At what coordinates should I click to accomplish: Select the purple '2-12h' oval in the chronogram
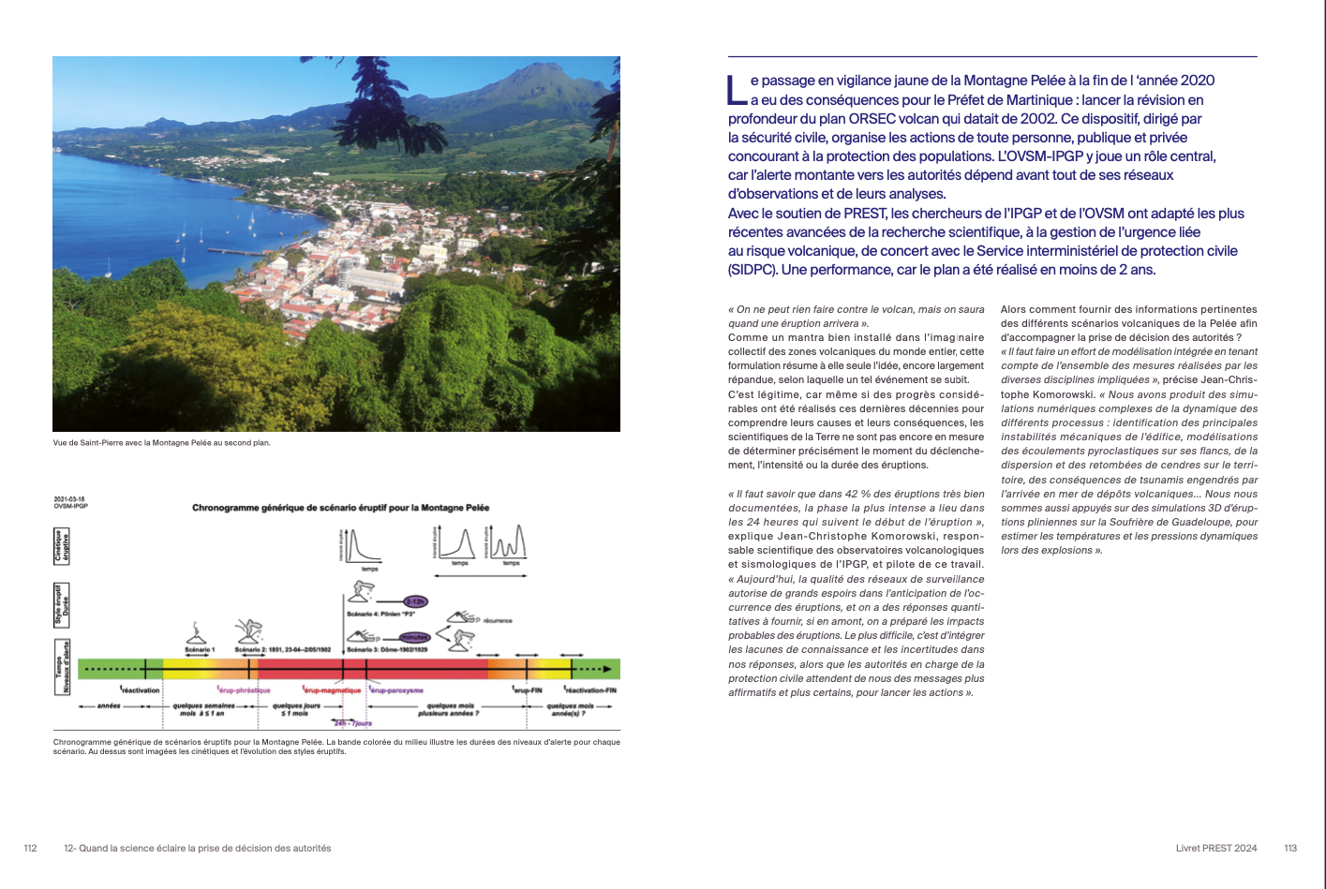coord(415,600)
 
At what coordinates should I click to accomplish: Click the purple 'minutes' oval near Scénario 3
coord(414,638)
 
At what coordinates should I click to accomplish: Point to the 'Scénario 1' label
coord(199,649)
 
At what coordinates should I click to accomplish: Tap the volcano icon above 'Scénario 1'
coord(198,632)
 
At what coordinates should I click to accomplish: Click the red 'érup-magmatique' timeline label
coord(332,690)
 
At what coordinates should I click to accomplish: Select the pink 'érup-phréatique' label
coord(244,690)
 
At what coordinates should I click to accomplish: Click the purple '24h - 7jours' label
coord(353,723)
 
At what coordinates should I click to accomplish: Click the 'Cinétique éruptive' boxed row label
coord(61,546)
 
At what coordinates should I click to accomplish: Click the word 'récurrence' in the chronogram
coord(498,620)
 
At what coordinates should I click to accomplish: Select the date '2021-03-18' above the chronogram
coord(71,499)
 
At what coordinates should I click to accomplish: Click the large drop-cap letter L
coord(737,90)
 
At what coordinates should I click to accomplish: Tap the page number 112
coord(30,848)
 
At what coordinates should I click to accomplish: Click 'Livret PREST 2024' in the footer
coord(1216,848)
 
